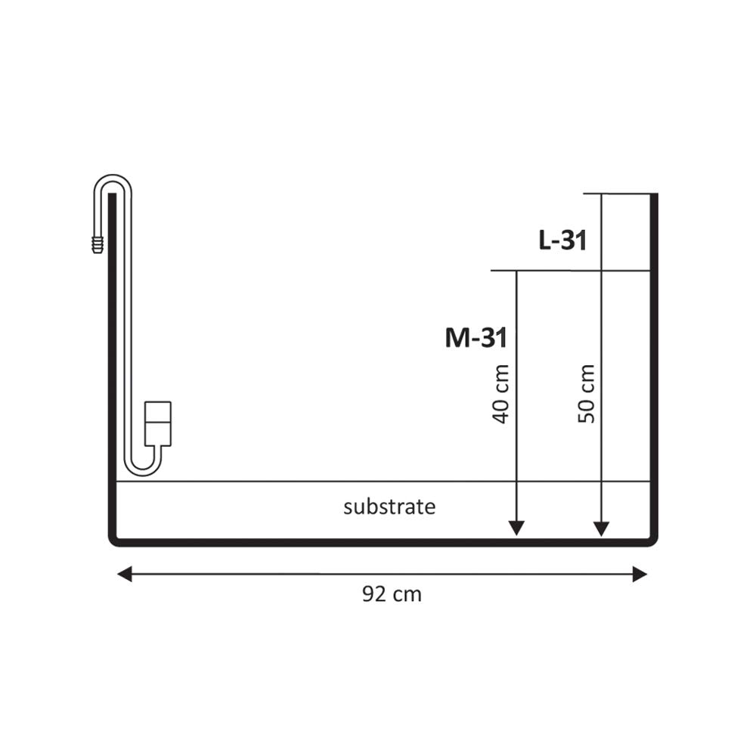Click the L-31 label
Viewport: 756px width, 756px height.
point(562,240)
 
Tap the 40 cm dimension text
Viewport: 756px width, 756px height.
point(501,394)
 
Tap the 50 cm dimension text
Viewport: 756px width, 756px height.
point(587,394)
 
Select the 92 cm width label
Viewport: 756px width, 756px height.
point(392,594)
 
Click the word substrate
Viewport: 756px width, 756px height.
point(389,507)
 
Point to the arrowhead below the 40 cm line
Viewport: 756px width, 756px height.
point(517,528)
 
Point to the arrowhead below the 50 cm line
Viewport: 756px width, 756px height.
point(601,529)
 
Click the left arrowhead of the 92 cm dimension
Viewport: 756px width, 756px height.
point(125,575)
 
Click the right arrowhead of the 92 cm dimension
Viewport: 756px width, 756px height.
point(640,575)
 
